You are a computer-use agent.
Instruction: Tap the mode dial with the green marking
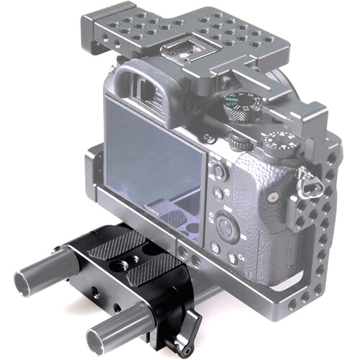(238, 107)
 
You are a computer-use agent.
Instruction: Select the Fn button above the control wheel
(218, 192)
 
